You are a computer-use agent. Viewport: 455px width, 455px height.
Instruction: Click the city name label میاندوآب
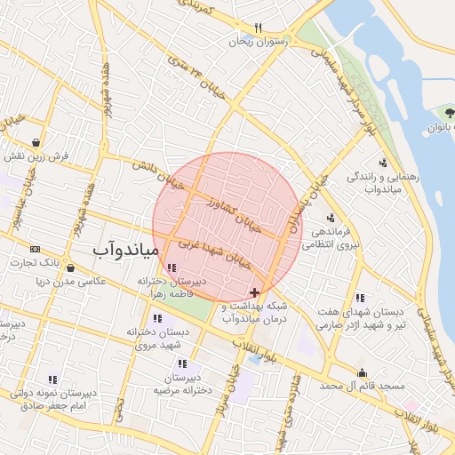tap(125, 251)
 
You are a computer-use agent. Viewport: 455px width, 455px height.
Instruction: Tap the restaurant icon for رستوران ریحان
tap(259, 28)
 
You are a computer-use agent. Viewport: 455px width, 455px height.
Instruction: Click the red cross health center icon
tap(255, 292)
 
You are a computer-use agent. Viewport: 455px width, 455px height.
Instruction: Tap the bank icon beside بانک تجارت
tap(35, 249)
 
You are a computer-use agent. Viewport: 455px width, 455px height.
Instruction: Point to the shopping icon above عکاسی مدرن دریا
tap(70, 267)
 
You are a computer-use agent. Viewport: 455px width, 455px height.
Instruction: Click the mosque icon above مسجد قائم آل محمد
tap(362, 373)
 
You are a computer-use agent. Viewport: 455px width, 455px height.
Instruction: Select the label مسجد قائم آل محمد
tap(362, 387)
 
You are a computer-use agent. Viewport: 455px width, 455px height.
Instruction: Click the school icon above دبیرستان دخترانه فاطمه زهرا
tap(172, 267)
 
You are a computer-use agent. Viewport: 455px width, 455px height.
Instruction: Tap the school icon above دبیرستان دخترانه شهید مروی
tap(157, 318)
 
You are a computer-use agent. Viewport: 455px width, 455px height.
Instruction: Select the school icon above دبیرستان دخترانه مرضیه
tap(182, 363)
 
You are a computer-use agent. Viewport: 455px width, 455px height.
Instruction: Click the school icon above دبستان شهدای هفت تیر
tap(360, 298)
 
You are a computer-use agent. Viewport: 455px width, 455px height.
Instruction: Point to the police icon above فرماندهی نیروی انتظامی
tap(331, 218)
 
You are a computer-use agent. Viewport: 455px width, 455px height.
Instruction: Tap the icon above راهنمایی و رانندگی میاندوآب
tap(382, 163)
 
